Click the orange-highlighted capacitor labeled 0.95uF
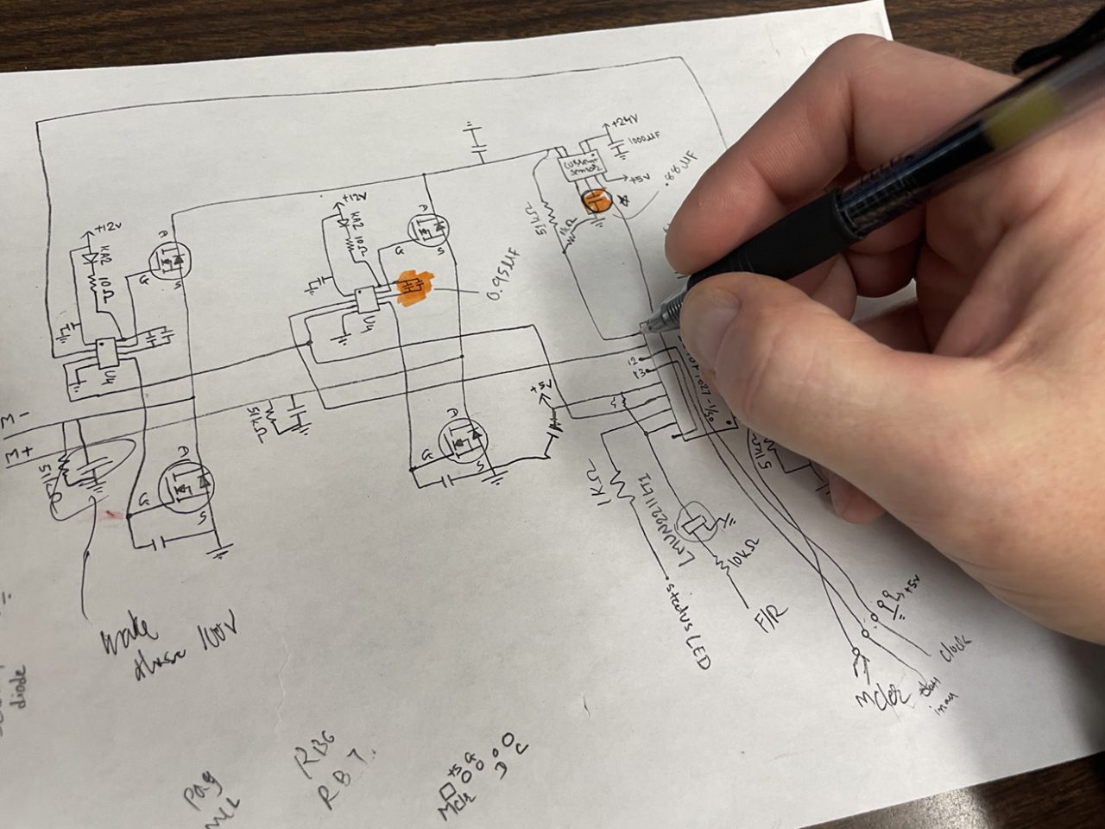(413, 285)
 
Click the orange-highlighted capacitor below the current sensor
(594, 201)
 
